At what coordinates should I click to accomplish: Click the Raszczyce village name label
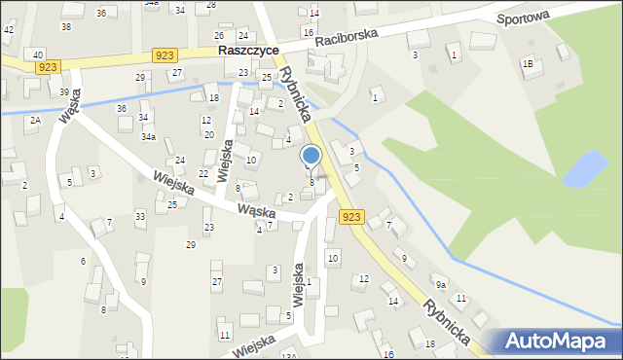click(x=248, y=49)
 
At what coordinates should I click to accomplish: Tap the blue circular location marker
click(x=311, y=156)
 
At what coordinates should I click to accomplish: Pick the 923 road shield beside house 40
click(x=49, y=66)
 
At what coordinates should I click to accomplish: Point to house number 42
click(x=8, y=30)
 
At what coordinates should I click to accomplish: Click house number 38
click(x=66, y=26)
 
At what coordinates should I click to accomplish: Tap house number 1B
click(x=528, y=64)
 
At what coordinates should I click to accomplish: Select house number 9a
click(x=441, y=284)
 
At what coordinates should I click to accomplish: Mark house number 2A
click(x=34, y=120)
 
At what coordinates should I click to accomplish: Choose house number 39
click(x=64, y=91)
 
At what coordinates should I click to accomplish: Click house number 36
click(x=122, y=108)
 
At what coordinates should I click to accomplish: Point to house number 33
click(x=140, y=215)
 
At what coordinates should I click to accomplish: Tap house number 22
click(x=203, y=173)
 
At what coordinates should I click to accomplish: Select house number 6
click(x=83, y=261)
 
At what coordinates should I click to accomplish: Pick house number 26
click(x=219, y=35)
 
